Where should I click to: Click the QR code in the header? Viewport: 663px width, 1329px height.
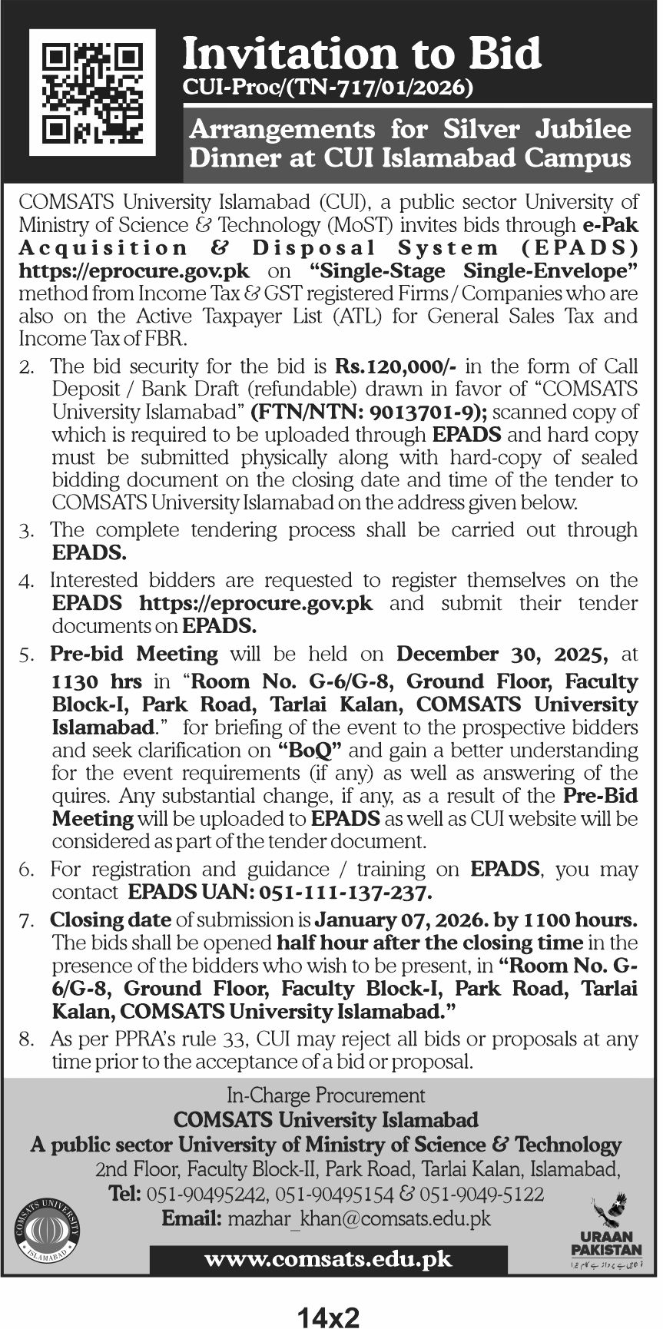coord(91,93)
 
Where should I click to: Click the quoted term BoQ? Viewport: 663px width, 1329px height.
coord(308,751)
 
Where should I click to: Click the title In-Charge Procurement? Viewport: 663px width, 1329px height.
coord(326,1095)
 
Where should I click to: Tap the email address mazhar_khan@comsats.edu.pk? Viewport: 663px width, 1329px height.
coord(358,1218)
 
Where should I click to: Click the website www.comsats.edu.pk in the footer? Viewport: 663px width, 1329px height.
coord(329,1259)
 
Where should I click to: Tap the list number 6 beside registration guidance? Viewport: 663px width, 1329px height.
coord(26,870)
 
